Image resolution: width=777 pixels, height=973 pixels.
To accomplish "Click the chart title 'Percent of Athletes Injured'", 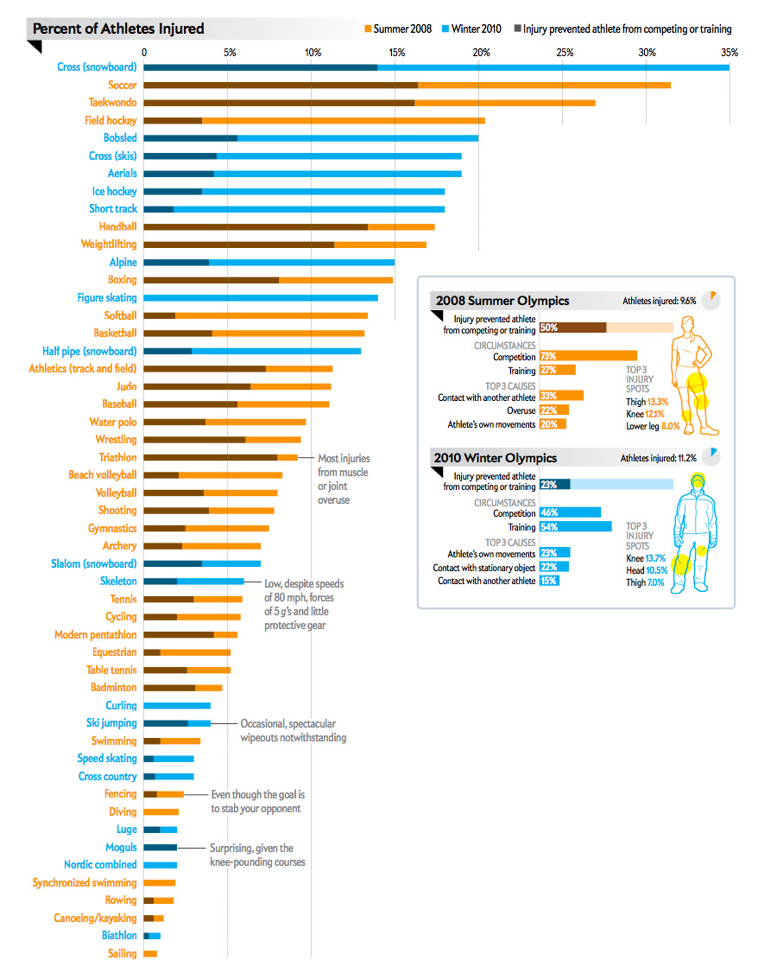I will [x=118, y=29].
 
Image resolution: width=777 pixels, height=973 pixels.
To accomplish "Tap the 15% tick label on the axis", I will [x=396, y=53].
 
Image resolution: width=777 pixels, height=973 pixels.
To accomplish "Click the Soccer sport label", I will [x=122, y=85].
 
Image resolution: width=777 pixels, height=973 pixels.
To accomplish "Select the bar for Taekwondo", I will [x=369, y=103].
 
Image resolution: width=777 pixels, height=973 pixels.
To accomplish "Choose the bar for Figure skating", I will [x=260, y=297].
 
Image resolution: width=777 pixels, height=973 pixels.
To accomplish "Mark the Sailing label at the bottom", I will [x=122, y=953].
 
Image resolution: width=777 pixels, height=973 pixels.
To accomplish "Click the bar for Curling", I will [x=177, y=705].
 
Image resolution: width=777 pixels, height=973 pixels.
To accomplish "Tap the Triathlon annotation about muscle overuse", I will [x=343, y=479].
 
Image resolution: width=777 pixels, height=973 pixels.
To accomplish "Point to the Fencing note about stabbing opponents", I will [x=258, y=801].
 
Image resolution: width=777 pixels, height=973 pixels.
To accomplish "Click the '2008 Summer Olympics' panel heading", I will [x=502, y=301].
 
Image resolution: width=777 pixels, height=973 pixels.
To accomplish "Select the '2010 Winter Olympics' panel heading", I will [x=496, y=458].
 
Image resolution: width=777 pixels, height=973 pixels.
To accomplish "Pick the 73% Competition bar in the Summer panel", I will [x=588, y=356].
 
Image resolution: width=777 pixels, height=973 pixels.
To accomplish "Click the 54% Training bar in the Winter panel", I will [x=575, y=527].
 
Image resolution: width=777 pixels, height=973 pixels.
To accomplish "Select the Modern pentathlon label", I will [x=95, y=634].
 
